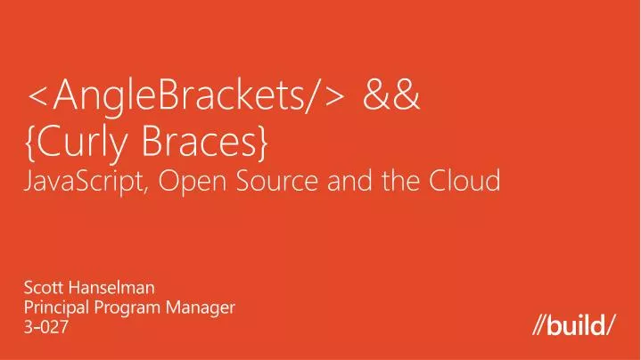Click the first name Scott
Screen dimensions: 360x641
coord(39,287)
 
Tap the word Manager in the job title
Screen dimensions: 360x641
coord(200,307)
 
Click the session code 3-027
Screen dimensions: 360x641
coord(44,328)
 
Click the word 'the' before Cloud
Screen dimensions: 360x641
coord(398,181)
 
